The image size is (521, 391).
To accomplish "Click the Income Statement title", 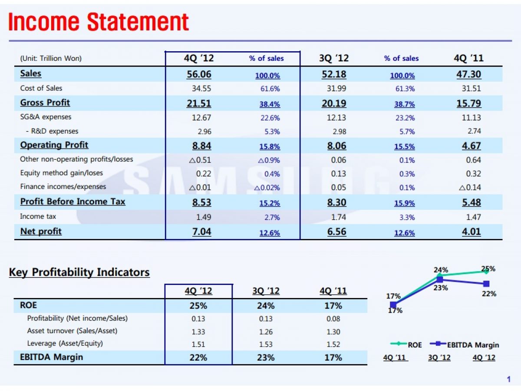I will [99, 22].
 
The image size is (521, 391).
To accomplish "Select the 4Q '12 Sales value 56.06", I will [199, 74].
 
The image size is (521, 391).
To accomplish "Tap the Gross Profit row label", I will [45, 103].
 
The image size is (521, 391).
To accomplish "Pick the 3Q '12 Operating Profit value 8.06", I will [336, 146].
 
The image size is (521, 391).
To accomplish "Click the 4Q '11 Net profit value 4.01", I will [471, 231].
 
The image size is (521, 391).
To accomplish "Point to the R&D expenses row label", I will [52, 131].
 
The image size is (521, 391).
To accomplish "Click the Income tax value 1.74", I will [339, 217].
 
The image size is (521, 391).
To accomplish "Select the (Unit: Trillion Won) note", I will [51, 58].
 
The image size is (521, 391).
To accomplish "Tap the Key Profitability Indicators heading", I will [79, 272].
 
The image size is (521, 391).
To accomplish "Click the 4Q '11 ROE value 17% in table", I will [333, 306].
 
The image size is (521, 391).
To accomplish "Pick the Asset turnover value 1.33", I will [198, 331].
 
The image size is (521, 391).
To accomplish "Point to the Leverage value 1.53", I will [266, 344].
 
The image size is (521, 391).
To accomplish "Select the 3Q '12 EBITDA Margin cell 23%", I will [266, 358].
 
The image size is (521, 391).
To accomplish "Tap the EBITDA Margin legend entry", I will [465, 345].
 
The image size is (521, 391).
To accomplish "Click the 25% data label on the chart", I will [488, 269].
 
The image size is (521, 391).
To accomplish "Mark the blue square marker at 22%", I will [486, 284].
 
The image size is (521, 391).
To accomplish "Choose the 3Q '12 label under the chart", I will [439, 358].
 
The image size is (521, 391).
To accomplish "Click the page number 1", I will [508, 380].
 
